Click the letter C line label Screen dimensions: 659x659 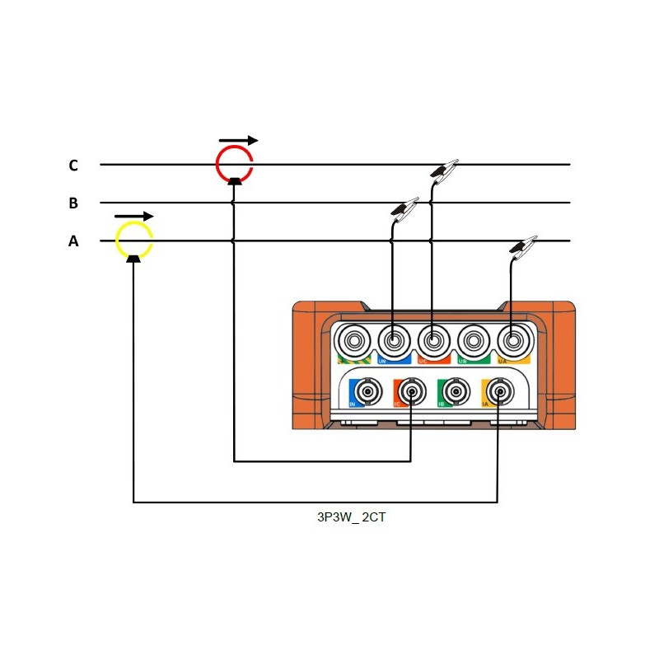tap(73, 166)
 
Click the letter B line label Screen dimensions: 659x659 tap(73, 203)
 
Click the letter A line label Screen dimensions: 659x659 tap(73, 241)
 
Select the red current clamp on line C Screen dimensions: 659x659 tap(235, 162)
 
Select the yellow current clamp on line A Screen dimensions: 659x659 tap(133, 240)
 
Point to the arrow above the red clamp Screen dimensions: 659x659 tap(238, 140)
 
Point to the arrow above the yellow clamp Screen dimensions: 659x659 tap(133, 216)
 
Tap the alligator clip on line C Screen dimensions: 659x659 tap(444, 171)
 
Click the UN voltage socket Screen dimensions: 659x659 tap(393, 339)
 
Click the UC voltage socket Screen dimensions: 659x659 tap(432, 339)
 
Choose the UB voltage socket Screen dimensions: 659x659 tap(472, 339)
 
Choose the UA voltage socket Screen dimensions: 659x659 tap(512, 339)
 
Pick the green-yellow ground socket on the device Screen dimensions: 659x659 tap(353, 339)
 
